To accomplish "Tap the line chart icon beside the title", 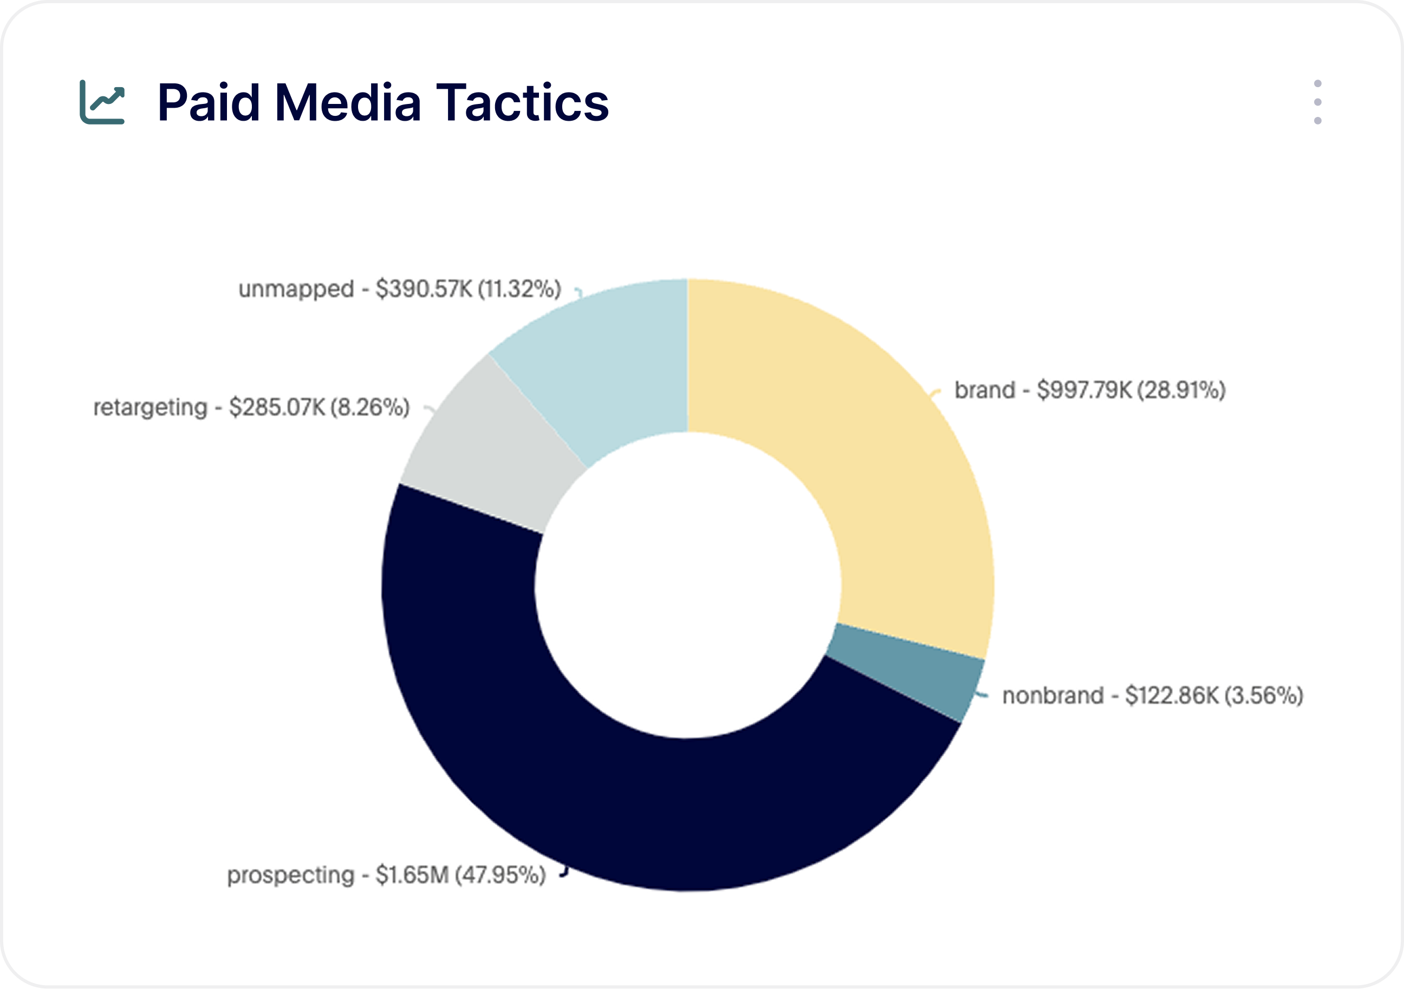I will pyautogui.click(x=102, y=102).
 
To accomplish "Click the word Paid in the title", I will pyautogui.click(x=208, y=102).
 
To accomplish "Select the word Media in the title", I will pyautogui.click(x=348, y=102).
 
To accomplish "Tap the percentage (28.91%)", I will pyautogui.click(x=1181, y=390).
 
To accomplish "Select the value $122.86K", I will pyautogui.click(x=1172, y=696).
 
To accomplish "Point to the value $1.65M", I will pyautogui.click(x=412, y=875).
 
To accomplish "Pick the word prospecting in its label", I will pyautogui.click(x=290, y=875).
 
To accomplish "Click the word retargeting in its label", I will pyautogui.click(x=151, y=407).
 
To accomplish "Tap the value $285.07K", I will pyautogui.click(x=276, y=407).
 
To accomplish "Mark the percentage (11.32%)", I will pyautogui.click(x=519, y=289).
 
